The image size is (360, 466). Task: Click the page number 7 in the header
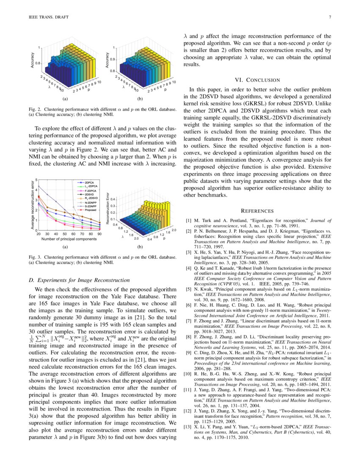329,17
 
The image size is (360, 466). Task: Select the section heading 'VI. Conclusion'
257,80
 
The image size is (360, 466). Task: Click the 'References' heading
257,211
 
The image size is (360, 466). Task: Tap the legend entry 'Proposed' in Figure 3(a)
90,210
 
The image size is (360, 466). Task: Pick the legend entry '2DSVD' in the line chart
89,194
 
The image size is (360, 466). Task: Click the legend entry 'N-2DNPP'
90,202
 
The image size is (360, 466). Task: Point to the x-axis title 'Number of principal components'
69,239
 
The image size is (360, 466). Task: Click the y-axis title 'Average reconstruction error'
32,205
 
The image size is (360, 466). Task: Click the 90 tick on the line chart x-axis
100,234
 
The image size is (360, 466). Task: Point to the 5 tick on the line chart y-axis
36,180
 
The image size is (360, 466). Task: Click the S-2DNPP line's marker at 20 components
39,186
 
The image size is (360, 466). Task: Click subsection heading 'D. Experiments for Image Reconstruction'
79,280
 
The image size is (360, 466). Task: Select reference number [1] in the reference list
189,220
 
